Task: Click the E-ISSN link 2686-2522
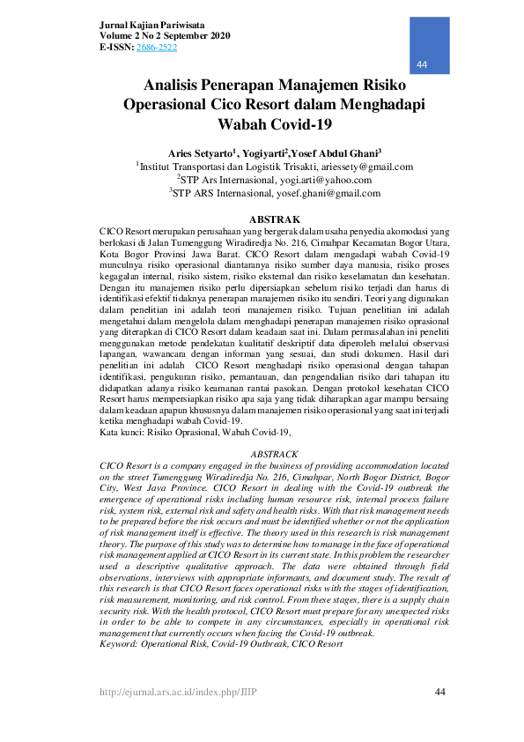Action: pos(157,47)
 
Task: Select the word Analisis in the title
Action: pos(179,86)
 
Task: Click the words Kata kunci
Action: pos(122,432)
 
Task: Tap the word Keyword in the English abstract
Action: pos(119,644)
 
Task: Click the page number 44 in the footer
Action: pos(442,693)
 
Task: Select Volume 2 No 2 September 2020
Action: pos(165,35)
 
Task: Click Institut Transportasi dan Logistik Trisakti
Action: pos(237,167)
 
